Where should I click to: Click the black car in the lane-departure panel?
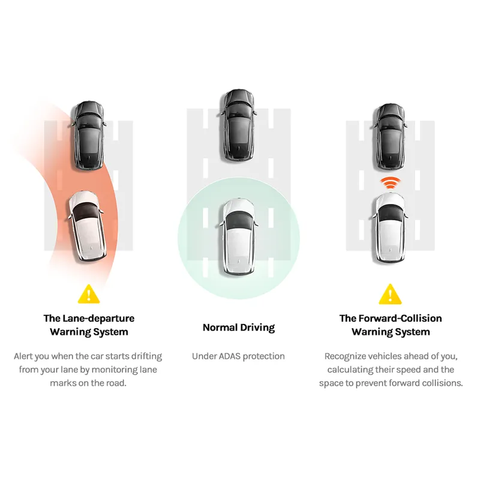pyautogui.click(x=89, y=135)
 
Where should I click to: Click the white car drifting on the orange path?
pyautogui.click(x=87, y=226)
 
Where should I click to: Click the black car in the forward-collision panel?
pyautogui.click(x=389, y=137)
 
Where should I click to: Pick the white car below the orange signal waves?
pyautogui.click(x=390, y=228)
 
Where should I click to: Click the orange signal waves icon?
pyautogui.click(x=390, y=183)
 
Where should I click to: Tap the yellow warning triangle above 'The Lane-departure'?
pyautogui.click(x=89, y=294)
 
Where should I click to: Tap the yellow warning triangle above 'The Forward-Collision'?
pyautogui.click(x=390, y=294)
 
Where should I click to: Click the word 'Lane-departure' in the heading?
pyautogui.click(x=98, y=319)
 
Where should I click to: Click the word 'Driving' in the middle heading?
pyautogui.click(x=257, y=328)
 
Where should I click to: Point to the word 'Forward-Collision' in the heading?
pyautogui.click(x=400, y=319)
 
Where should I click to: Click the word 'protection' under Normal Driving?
pyautogui.click(x=263, y=356)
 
